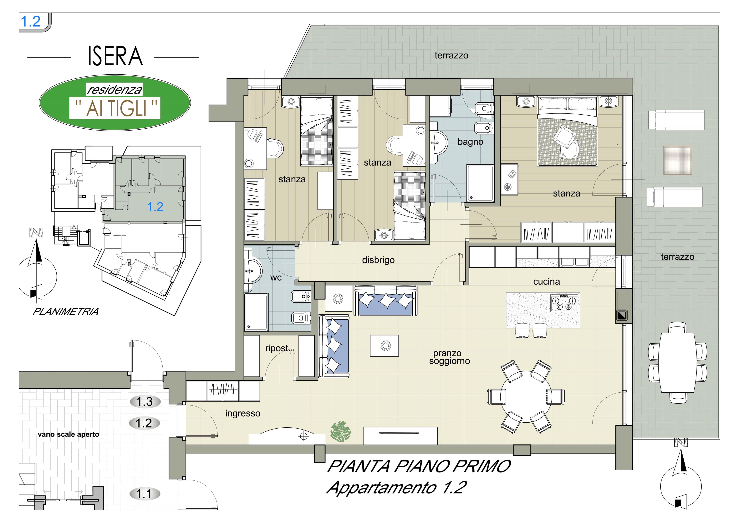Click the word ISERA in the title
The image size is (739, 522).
115,56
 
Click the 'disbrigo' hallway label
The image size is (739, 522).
378,260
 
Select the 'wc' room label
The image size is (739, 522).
276,278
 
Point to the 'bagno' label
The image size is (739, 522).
470,142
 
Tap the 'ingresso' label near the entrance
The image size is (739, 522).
243,414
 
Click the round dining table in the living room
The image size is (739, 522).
526,397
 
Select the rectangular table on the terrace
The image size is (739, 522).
677,362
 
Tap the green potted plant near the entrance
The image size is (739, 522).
341,431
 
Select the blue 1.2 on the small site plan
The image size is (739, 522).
155,206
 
